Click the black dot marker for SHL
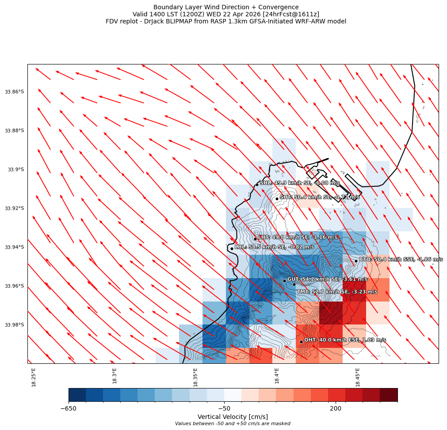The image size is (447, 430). [x=257, y=185]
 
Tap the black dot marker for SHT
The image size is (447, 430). [x=277, y=199]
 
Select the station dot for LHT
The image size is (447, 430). [x=255, y=239]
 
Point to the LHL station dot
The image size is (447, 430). [x=232, y=249]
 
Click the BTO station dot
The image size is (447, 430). [x=356, y=261]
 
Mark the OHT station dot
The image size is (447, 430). [x=301, y=342]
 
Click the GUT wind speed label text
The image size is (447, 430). [x=327, y=279]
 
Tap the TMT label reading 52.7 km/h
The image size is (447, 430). [x=337, y=292]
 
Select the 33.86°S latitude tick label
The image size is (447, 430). [x=15, y=92]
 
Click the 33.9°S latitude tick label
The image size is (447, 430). [x=16, y=170]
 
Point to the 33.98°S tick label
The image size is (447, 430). [x=15, y=325]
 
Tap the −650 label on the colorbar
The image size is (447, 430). [x=69, y=408]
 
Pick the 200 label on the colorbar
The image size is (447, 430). [x=335, y=408]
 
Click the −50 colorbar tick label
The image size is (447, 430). [x=224, y=408]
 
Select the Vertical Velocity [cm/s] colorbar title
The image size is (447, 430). [x=233, y=417]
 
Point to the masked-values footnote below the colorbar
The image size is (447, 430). [x=233, y=424]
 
